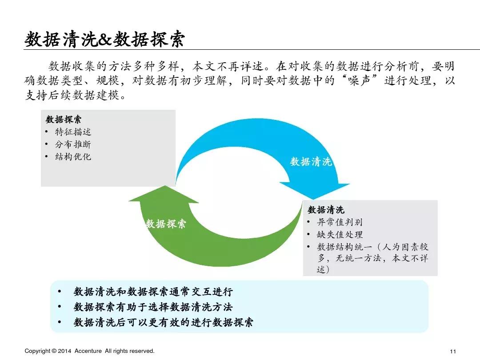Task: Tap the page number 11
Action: (453, 351)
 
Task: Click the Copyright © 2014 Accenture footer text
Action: (89, 351)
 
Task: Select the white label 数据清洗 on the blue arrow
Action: (311, 162)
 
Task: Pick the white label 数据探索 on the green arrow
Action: (166, 224)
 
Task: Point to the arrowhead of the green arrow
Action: (163, 195)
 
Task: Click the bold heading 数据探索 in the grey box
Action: (64, 120)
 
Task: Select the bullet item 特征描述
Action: (73, 132)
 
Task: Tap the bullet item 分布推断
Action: (73, 144)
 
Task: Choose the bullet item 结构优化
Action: (73, 157)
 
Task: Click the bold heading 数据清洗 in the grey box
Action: (326, 210)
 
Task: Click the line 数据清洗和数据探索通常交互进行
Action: (153, 292)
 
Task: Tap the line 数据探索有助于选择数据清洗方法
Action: (153, 307)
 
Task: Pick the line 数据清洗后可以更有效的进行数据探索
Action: (164, 323)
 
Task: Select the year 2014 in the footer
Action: (65, 351)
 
